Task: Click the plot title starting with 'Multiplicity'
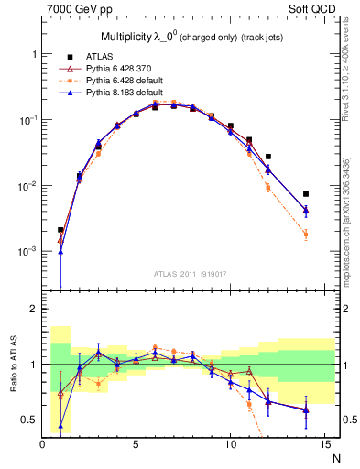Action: (x=183, y=37)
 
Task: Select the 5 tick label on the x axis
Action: (x=136, y=445)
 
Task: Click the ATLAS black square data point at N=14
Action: (x=306, y=194)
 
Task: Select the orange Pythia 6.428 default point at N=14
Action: (x=306, y=234)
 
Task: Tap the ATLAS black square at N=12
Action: (x=268, y=157)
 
